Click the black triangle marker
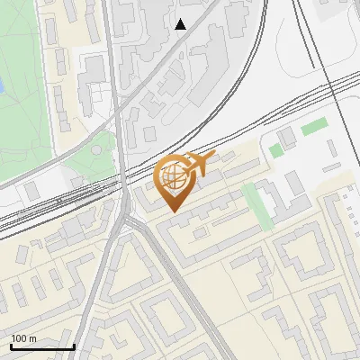point(181,24)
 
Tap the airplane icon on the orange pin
point(196,164)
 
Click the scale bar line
point(42,346)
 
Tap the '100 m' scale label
point(24,338)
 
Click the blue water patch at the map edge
point(2,86)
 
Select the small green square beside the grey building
point(274,150)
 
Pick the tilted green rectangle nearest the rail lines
point(313,127)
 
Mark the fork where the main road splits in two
point(133,221)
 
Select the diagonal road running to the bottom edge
point(193,306)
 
